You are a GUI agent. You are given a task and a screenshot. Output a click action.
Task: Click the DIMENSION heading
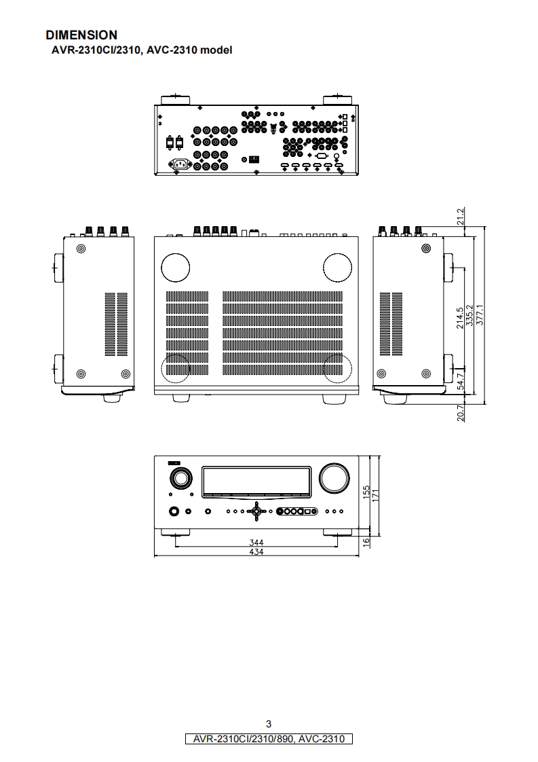[x=81, y=35]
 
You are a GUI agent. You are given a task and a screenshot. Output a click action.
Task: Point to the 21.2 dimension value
[x=461, y=217]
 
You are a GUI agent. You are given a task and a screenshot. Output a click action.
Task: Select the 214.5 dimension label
[x=461, y=318]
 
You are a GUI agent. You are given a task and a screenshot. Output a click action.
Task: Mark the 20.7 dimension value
[x=461, y=412]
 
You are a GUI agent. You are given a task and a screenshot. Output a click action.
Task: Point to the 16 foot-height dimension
[x=366, y=541]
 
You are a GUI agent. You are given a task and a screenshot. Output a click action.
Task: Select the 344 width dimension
[x=256, y=543]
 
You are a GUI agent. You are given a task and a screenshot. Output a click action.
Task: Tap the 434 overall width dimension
[x=256, y=552]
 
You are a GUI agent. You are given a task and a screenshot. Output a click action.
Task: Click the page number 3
[x=269, y=724]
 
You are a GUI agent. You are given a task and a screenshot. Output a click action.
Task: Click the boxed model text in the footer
[x=269, y=738]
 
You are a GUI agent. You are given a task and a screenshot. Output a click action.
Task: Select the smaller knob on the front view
[x=180, y=478]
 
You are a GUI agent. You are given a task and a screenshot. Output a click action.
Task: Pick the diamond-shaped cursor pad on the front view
[x=256, y=511]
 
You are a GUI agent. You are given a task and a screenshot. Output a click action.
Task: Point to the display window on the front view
[x=256, y=481]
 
